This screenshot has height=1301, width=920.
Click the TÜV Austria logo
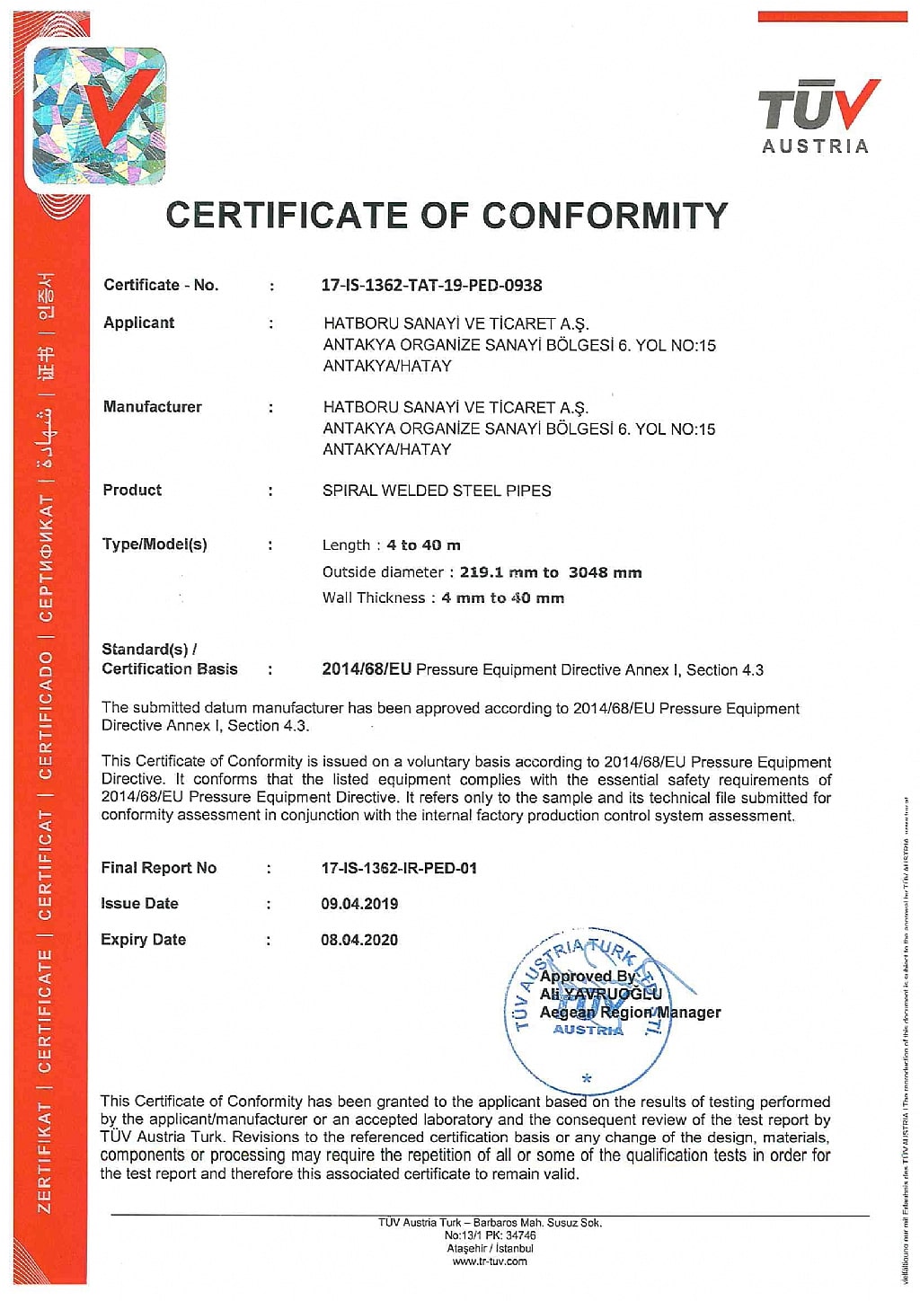pos(816,117)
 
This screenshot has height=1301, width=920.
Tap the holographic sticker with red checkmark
pos(99,116)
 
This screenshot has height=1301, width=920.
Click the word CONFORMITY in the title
pos(605,216)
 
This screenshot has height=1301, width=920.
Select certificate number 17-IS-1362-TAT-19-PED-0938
pos(431,286)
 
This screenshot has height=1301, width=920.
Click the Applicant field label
pos(139,323)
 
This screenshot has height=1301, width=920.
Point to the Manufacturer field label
pos(153,407)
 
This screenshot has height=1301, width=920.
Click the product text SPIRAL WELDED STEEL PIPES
pos(437,491)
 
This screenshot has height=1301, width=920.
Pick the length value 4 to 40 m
pos(423,545)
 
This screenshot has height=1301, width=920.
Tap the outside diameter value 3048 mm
pos(605,572)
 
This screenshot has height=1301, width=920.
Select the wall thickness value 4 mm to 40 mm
pos(502,598)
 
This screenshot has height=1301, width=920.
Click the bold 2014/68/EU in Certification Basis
pos(367,669)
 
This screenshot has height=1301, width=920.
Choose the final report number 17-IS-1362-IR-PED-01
pos(399,868)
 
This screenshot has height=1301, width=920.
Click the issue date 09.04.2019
pos(359,904)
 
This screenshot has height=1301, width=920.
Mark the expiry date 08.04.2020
pos(359,940)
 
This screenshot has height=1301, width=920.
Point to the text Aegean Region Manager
pos(630,1013)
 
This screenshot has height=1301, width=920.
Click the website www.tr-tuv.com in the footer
pos(490,1261)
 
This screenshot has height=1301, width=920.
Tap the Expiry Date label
pos(144,940)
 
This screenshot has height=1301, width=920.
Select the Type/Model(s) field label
pos(155,544)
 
